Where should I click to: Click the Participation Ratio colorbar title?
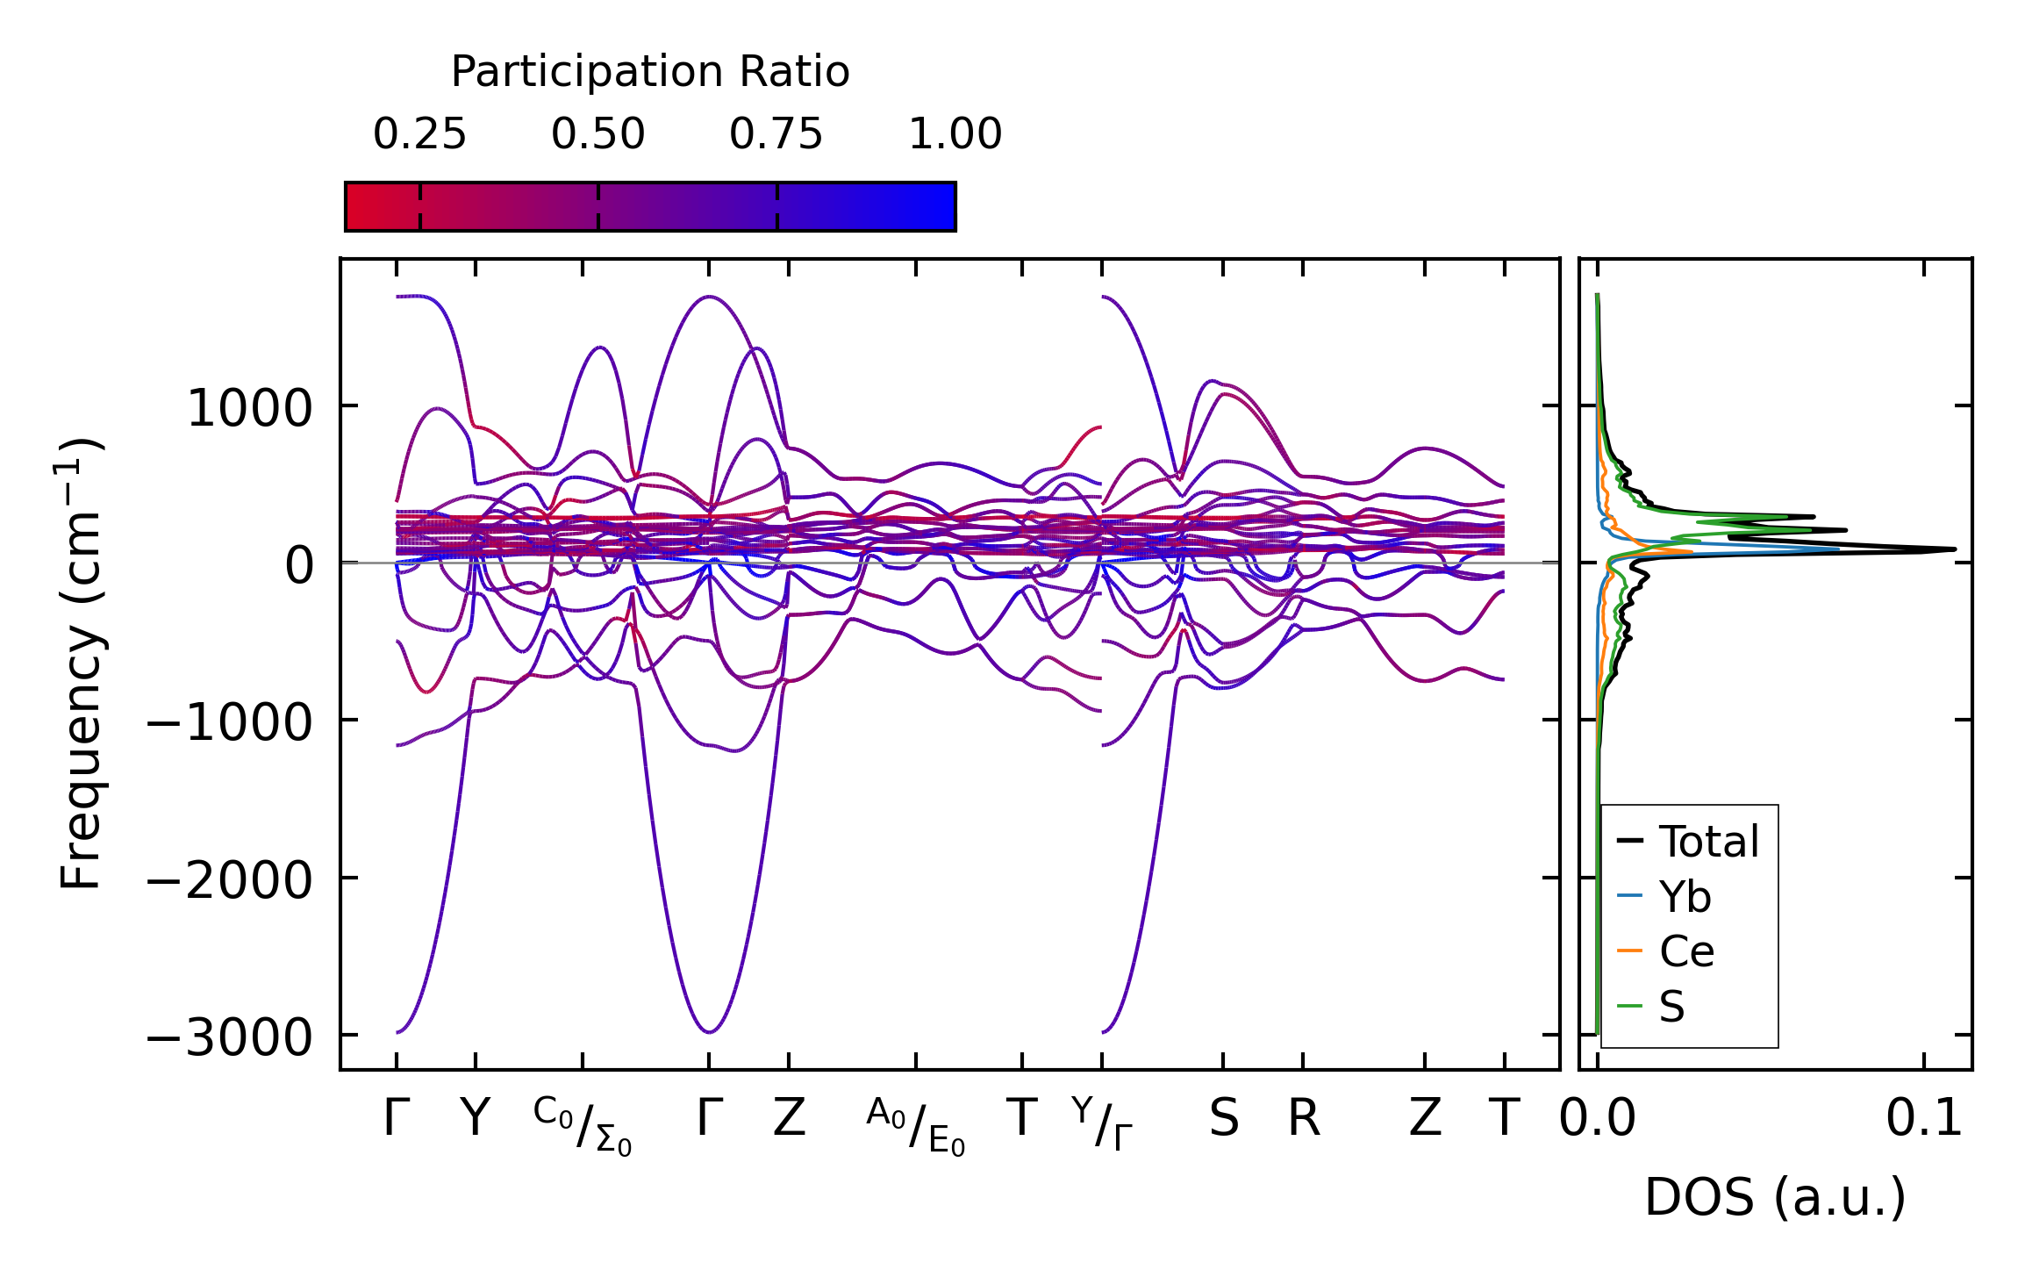tap(649, 72)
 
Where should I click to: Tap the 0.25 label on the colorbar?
tap(419, 135)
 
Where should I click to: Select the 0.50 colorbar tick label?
tap(597, 135)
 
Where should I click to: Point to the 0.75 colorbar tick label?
tap(776, 135)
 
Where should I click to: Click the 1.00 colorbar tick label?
tap(955, 135)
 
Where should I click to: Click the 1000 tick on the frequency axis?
tap(250, 409)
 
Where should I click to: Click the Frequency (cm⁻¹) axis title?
tap(81, 664)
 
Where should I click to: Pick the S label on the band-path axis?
tap(1223, 1119)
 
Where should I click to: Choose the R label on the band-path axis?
tap(1303, 1119)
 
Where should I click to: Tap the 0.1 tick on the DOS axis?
tap(1924, 1119)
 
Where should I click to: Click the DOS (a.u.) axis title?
tap(1775, 1198)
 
